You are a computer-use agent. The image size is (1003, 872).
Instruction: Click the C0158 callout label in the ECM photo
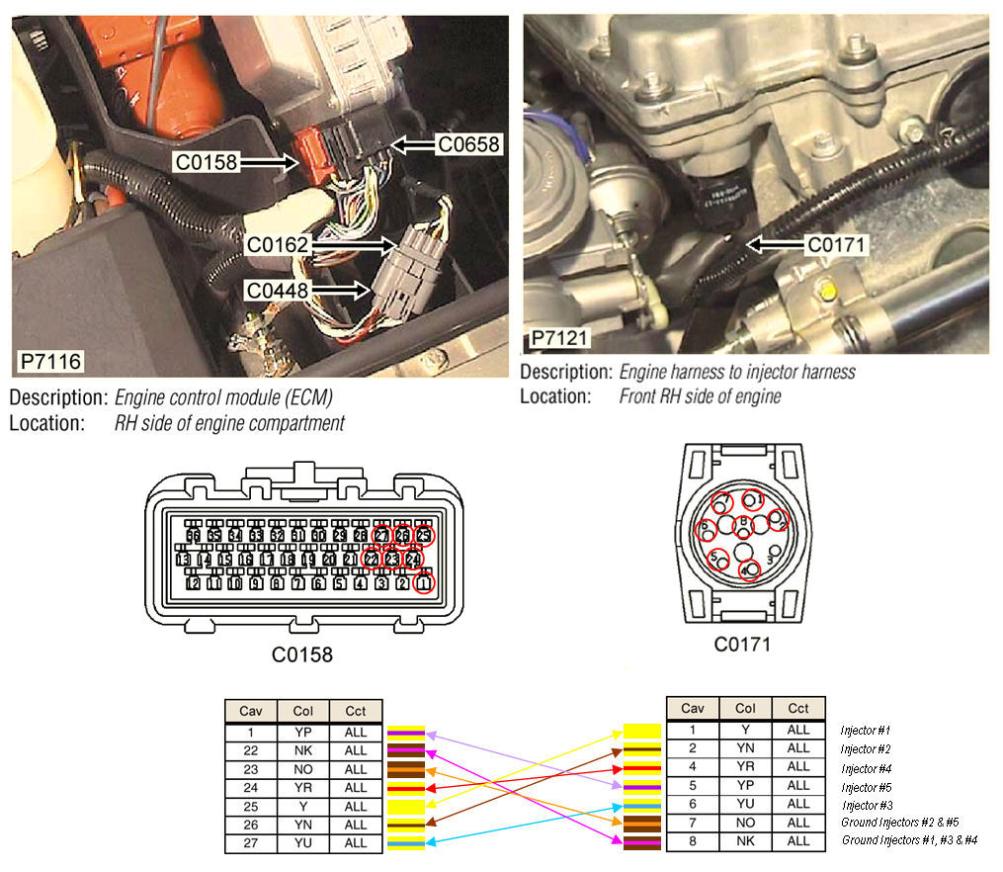208,162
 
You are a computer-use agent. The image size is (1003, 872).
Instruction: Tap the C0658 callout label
469,144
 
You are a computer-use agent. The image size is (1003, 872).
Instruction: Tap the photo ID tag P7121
559,339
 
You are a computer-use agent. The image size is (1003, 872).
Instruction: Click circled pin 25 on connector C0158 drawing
424,535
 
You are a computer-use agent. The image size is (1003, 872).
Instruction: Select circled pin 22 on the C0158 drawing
372,559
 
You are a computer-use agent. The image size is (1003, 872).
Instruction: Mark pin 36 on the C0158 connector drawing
194,535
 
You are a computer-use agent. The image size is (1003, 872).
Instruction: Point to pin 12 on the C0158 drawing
194,583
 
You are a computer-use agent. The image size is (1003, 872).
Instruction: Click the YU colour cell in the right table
746,806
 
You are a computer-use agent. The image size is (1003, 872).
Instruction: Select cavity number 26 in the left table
251,825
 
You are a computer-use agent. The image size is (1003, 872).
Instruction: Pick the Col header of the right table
746,709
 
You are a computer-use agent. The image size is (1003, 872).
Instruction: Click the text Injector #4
866,768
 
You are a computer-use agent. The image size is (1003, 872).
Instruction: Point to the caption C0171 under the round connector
742,645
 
